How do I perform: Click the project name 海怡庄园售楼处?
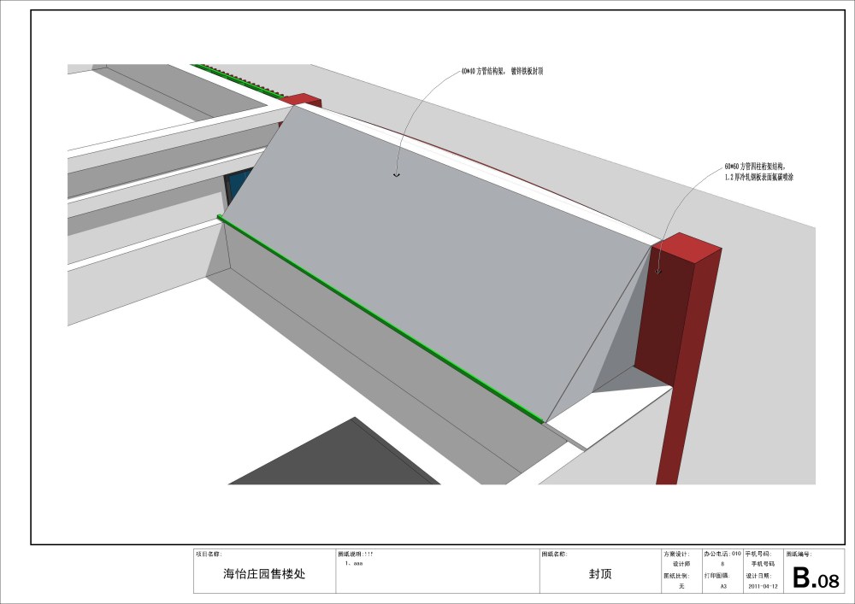(263, 574)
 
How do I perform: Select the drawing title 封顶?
(599, 574)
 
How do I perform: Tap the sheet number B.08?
(816, 579)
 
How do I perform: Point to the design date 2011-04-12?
(763, 586)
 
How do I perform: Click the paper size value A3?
(722, 586)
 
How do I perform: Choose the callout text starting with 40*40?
(502, 71)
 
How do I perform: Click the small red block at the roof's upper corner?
(303, 100)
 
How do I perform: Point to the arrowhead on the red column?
(659, 273)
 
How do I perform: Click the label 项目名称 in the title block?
(209, 554)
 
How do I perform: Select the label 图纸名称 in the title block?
(554, 554)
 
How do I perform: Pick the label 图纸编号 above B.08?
(799, 554)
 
